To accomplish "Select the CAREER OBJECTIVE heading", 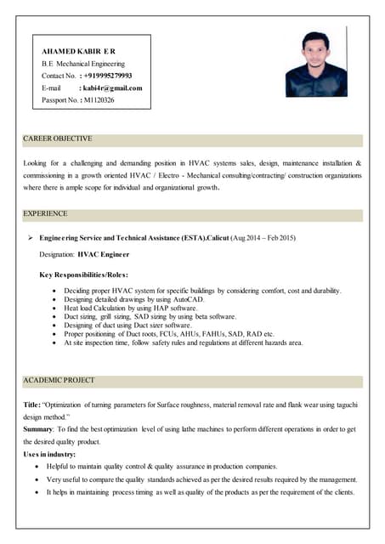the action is (x=58, y=139).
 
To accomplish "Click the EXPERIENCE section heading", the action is (x=46, y=213).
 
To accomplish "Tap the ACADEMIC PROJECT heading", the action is (x=59, y=380).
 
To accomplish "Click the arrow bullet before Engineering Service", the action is (x=31, y=237).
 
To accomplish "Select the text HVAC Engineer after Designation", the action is (x=104, y=254).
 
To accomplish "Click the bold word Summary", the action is (x=39, y=429).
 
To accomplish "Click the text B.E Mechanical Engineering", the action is (x=83, y=64).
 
